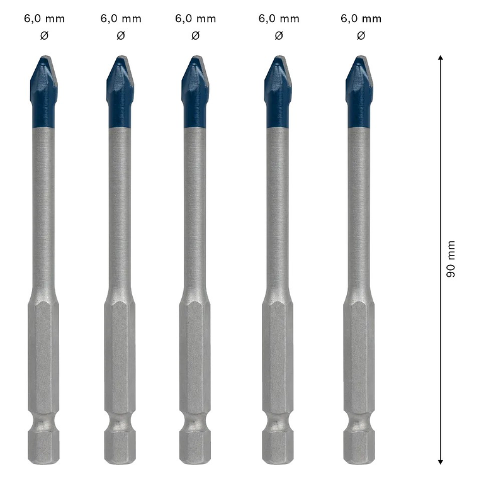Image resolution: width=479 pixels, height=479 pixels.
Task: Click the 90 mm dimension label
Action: pos(450,259)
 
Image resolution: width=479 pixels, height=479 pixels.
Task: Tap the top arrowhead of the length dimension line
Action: pos(441,59)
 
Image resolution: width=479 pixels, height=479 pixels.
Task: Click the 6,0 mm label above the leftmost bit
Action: pos(44,19)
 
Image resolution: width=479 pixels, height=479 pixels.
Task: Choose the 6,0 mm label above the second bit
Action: pos(120,19)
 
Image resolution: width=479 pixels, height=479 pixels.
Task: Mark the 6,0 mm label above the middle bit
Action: pos(195,19)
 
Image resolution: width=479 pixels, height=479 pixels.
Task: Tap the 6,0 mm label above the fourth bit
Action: pos(278,19)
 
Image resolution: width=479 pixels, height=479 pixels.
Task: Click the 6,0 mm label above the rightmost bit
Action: pos(361,19)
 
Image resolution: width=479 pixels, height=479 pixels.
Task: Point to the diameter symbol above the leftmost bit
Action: pos(44,36)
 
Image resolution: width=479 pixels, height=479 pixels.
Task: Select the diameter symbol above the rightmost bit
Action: pos(361,36)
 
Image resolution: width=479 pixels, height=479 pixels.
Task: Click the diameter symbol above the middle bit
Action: pos(195,36)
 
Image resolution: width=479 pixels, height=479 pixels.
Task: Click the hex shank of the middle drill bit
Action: pos(194,359)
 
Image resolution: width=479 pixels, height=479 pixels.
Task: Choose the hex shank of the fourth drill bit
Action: pos(278,359)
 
